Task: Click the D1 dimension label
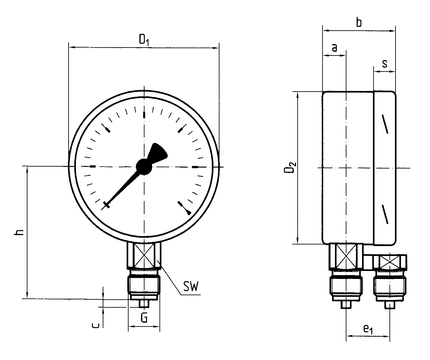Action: tap(144, 40)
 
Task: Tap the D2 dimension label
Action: tap(290, 168)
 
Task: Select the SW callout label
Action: tap(191, 286)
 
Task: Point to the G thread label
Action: tap(144, 318)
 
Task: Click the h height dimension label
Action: tap(20, 232)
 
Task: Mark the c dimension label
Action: tap(96, 324)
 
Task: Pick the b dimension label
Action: tap(359, 22)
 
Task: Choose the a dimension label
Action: tap(335, 48)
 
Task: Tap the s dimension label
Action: tap(385, 63)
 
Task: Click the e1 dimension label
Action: tap(368, 330)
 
